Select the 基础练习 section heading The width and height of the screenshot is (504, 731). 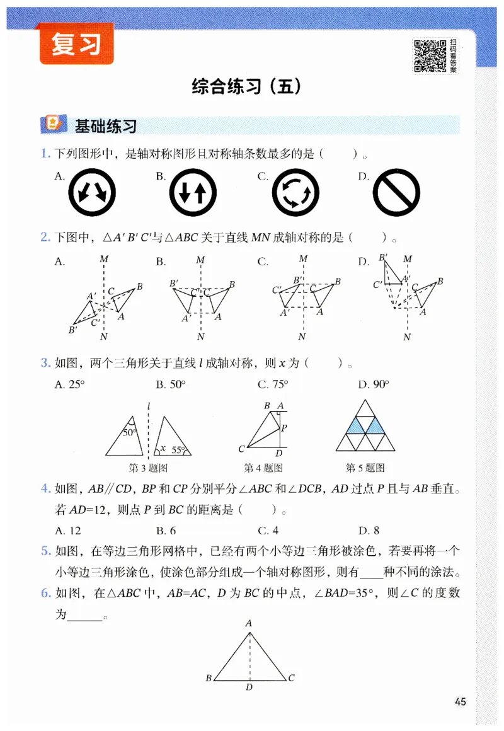coord(105,125)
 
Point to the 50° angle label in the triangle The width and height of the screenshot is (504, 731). coord(129,432)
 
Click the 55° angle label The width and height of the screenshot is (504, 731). coord(179,450)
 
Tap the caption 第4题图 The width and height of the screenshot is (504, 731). coord(263,468)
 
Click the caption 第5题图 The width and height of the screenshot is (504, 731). coord(365,468)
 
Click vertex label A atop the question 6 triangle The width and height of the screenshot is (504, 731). coord(249,623)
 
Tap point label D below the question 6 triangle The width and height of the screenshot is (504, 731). coord(249,688)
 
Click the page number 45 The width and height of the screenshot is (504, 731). coord(460,702)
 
